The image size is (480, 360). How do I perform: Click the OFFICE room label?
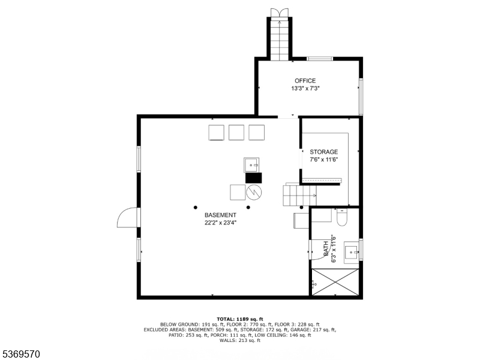305,81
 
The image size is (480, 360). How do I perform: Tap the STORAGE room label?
323,152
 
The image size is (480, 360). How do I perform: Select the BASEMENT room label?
220,215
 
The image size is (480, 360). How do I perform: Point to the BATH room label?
326,248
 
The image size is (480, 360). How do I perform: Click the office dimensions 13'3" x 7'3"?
305,89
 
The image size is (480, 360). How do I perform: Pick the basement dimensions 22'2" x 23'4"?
220,223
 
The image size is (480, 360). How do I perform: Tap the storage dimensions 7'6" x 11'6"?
324,160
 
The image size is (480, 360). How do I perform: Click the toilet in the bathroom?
341,217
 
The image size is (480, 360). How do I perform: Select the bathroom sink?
351,253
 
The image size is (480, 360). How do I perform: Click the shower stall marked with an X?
335,282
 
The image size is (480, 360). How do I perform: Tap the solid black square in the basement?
253,178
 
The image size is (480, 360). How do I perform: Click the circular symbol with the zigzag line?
254,192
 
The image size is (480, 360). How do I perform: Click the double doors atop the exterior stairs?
279,13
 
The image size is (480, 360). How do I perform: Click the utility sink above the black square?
251,165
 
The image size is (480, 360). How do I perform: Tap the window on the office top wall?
320,59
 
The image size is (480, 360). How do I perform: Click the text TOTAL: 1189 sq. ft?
240,319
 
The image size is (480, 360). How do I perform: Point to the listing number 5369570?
20,354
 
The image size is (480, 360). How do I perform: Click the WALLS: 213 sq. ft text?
240,340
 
